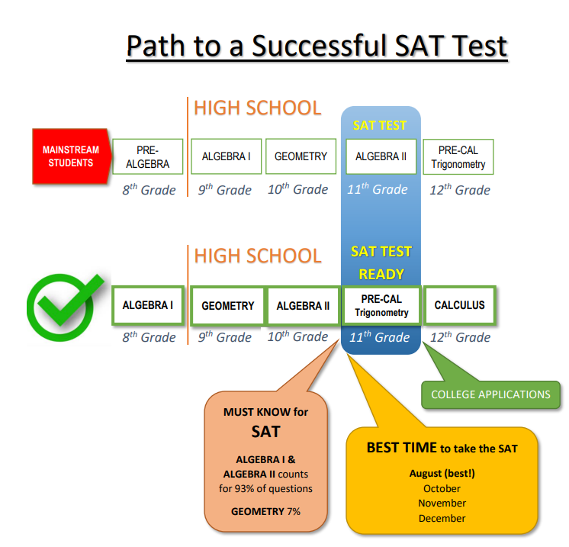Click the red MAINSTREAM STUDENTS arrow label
[x=72, y=156]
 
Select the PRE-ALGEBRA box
[x=148, y=156]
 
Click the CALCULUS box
[x=459, y=305]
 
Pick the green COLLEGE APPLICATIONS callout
[x=490, y=394]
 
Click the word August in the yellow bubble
[x=426, y=473]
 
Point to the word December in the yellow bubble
[x=442, y=518]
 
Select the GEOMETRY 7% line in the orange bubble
[x=265, y=511]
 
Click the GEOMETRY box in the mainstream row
[x=301, y=156]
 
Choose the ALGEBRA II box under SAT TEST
[x=381, y=156]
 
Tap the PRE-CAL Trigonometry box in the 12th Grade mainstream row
[x=458, y=157]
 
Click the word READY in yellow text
[x=381, y=275]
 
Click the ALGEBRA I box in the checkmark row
[x=148, y=305]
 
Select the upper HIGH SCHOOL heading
[x=258, y=108]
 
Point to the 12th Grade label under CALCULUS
[x=460, y=337]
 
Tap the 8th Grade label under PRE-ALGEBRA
[x=149, y=190]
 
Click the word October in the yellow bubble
[x=442, y=488]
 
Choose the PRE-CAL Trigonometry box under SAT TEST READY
[x=382, y=306]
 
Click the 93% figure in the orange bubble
[x=245, y=488]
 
